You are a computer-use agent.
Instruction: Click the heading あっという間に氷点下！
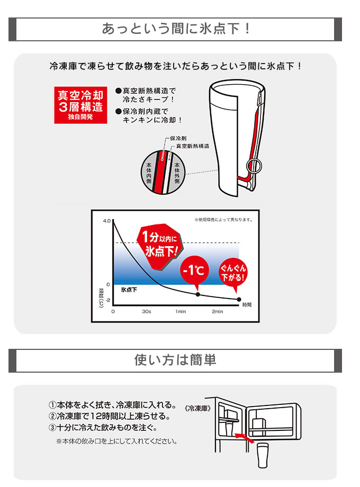(175, 29)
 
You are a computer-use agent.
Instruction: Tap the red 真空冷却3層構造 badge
(81, 105)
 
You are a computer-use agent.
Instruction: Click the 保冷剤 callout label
(178, 138)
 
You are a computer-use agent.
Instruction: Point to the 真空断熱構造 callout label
(193, 146)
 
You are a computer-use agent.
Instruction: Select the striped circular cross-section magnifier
(163, 172)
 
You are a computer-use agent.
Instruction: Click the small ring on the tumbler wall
(254, 166)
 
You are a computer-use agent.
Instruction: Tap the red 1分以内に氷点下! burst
(160, 246)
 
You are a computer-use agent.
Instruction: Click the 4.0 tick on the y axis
(107, 221)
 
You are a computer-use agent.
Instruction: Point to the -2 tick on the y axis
(108, 300)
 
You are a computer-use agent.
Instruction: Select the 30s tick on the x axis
(146, 311)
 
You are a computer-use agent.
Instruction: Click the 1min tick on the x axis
(181, 311)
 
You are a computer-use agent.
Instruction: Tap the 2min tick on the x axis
(218, 311)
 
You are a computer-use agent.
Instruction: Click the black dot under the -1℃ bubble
(198, 294)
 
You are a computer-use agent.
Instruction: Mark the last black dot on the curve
(239, 300)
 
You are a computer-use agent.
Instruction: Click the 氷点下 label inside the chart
(129, 290)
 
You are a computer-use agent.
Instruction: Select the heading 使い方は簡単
(175, 360)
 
